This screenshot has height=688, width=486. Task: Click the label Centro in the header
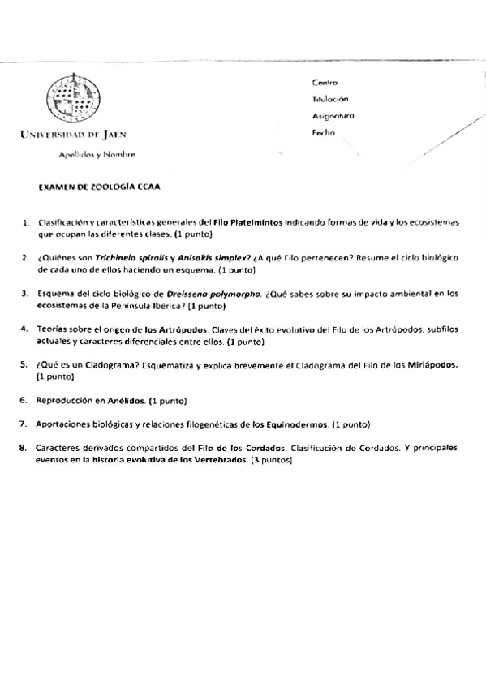click(x=325, y=83)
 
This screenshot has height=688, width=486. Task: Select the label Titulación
click(x=329, y=99)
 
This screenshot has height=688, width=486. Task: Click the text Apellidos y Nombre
click(x=97, y=154)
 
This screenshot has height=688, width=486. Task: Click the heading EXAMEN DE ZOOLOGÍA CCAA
click(x=100, y=187)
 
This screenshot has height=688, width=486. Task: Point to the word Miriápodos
click(x=432, y=365)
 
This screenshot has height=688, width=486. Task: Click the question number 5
click(x=25, y=365)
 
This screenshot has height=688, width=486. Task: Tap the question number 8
click(x=25, y=448)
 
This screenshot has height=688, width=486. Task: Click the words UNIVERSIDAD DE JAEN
click(x=74, y=135)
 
